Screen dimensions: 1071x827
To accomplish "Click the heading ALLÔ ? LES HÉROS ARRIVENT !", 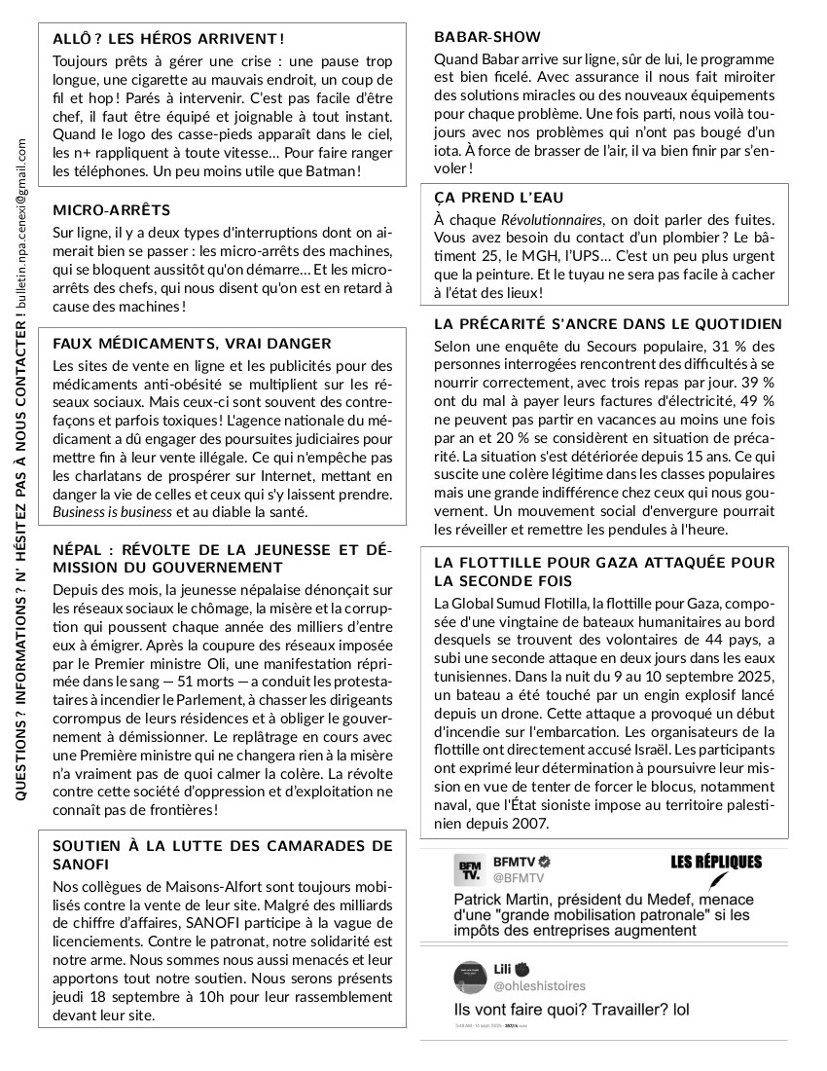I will pos(168,39).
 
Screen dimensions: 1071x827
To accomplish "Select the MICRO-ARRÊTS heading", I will pos(111,210).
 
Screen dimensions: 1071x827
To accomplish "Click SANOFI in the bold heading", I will pos(83,865).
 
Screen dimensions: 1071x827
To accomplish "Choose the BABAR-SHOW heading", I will pos(486,37).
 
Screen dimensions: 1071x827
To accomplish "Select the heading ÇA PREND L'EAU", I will pos(498,198).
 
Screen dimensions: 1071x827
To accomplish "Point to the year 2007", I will pos(532,823).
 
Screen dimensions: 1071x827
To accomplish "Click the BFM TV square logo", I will pos(470,869).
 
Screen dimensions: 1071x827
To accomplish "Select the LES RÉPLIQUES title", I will pos(716,862).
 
